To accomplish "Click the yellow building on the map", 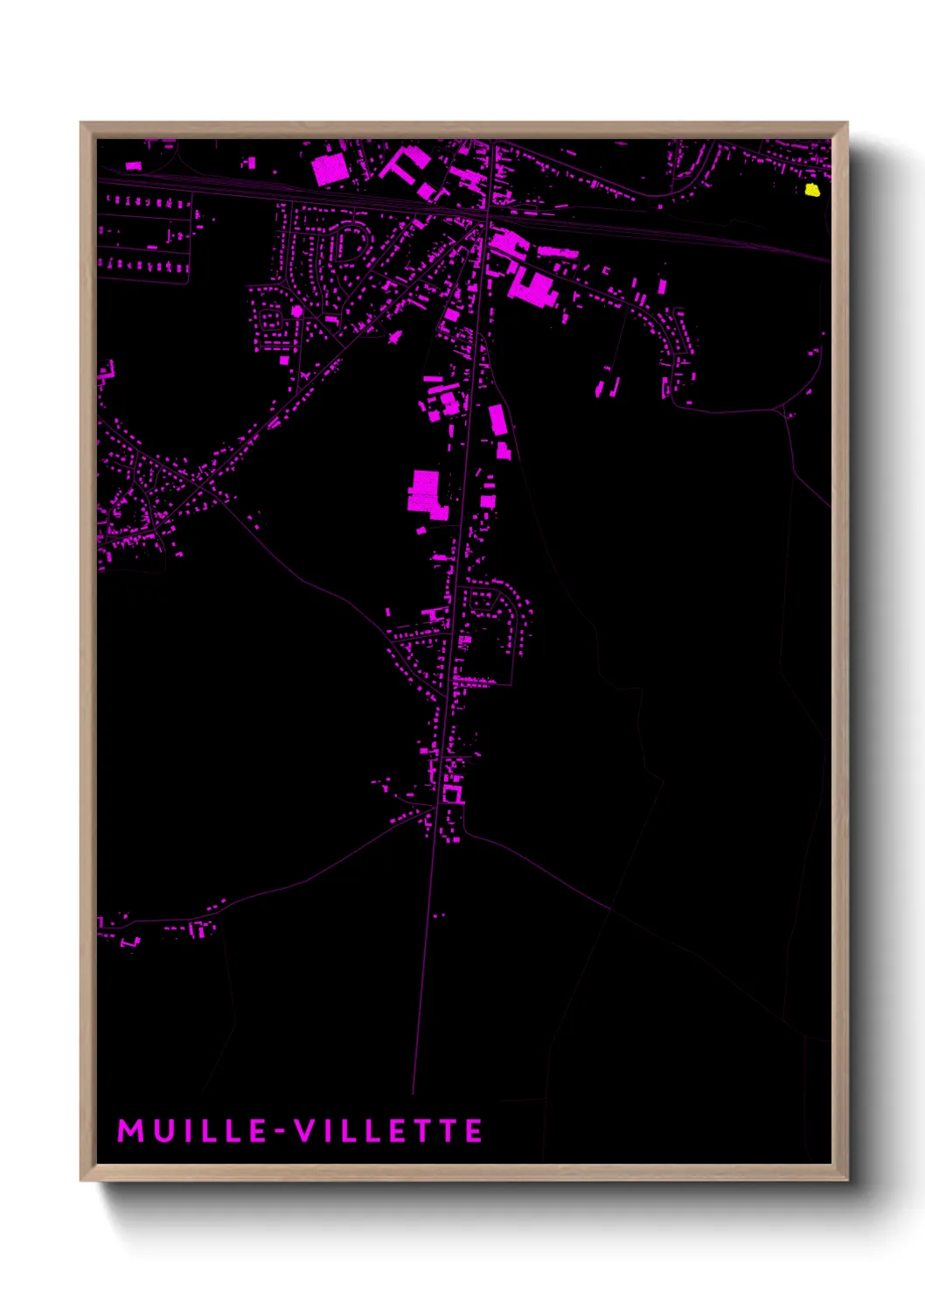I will (x=811, y=190).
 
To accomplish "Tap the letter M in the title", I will (x=130, y=1130).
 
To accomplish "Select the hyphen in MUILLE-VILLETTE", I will (x=281, y=1132).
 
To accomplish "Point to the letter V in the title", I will (x=304, y=1130).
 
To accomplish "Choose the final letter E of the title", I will (x=474, y=1130).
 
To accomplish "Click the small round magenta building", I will (x=297, y=311).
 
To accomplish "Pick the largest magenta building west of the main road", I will (x=426, y=490).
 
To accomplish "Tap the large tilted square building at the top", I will (x=330, y=169).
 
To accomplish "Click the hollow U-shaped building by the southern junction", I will (x=452, y=795).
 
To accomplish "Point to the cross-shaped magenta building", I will (x=394, y=336).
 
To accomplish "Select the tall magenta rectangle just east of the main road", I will (x=497, y=420).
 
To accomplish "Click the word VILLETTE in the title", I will (x=388, y=1130).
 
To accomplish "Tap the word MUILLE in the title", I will (x=192, y=1130).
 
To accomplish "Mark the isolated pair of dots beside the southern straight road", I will (x=438, y=916).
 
